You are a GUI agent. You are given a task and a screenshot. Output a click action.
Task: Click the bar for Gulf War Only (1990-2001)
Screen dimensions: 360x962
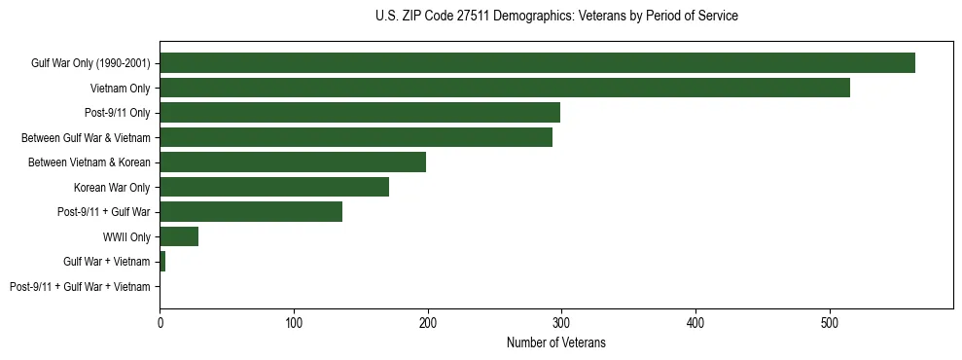(537, 63)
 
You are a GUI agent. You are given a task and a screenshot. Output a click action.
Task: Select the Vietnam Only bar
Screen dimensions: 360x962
(505, 88)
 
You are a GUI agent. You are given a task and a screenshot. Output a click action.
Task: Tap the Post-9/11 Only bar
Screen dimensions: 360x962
(360, 113)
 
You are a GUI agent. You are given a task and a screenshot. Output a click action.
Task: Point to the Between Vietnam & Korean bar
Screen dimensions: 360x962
(293, 162)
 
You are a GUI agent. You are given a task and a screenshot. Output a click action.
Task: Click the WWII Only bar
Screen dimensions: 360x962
(179, 236)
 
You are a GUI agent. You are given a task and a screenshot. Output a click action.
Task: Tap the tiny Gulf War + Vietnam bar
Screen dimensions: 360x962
(162, 262)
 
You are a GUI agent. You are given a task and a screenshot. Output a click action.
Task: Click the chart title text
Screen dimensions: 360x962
(556, 17)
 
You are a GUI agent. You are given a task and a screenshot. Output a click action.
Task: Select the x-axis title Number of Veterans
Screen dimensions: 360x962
(556, 342)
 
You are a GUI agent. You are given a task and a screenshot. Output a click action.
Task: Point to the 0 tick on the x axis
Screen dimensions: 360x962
(160, 321)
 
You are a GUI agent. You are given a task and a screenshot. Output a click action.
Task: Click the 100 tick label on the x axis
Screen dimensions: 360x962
(294, 321)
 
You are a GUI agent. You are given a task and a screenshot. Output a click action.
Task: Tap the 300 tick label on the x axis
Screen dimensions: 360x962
(561, 321)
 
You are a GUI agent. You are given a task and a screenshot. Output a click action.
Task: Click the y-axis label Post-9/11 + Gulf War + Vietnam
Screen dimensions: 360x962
(80, 287)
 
